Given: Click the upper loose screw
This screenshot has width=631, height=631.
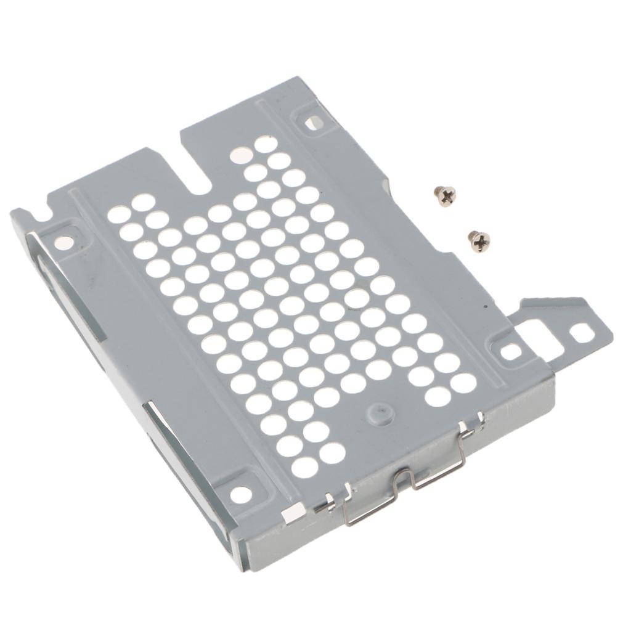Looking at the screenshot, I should coord(444,195).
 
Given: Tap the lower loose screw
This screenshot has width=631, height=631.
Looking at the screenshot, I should coord(479,240).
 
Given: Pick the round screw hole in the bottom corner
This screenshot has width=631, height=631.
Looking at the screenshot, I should coord(240,493).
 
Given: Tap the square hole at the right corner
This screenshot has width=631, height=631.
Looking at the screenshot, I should coord(511,351).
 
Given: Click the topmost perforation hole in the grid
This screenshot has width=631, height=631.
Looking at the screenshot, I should coord(266,144).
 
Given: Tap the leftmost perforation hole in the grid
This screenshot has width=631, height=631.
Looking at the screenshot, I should coord(118,214).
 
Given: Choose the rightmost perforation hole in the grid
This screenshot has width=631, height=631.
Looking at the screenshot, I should coord(463,383).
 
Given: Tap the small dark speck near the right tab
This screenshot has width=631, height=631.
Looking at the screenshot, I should coord(486,306).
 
